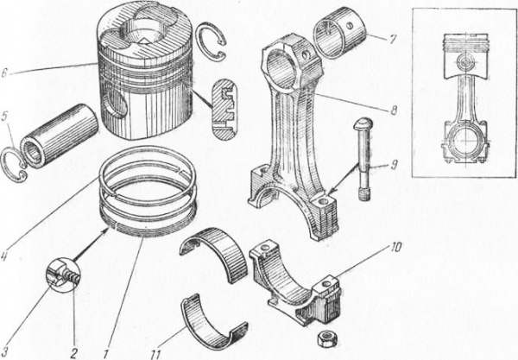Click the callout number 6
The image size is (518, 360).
click(4, 73)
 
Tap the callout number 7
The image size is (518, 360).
click(392, 40)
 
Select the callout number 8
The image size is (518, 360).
click(394, 111)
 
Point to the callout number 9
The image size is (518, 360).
click(395, 165)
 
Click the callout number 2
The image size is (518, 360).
click(73, 354)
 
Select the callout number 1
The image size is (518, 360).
click(105, 354)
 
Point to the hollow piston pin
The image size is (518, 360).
click(60, 136)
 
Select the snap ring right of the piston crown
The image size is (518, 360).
click(211, 41)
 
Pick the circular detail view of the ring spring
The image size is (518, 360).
click(63, 275)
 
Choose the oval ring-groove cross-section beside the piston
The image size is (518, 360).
click(224, 110)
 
